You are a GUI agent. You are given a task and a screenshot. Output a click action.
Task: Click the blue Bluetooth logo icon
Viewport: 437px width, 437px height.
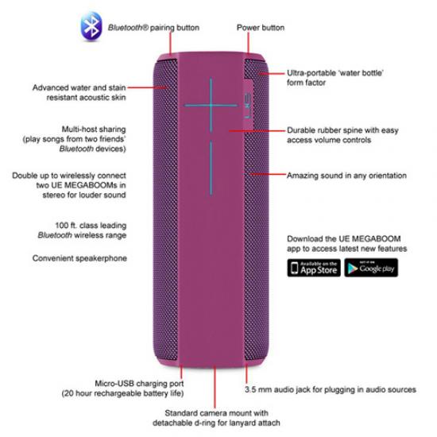(91, 26)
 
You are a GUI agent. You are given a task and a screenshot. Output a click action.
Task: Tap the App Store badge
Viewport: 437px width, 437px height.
(314, 268)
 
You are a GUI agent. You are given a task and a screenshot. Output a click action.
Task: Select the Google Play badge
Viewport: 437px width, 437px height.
(371, 268)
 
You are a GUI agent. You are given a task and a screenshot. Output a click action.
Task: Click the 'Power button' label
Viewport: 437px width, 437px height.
(261, 28)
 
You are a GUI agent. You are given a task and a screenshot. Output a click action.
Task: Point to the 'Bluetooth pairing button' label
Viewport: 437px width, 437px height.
(153, 28)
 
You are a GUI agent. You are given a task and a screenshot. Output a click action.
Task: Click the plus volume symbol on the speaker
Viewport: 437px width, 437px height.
(211, 106)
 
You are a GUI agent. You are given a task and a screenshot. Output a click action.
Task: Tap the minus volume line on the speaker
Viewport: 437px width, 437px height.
(211, 168)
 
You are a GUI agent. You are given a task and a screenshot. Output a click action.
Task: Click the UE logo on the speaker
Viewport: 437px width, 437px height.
(248, 106)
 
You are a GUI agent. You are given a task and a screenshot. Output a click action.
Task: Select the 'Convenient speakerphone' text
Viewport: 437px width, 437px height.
(79, 258)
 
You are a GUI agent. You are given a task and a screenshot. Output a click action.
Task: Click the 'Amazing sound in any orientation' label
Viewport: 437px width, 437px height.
(346, 176)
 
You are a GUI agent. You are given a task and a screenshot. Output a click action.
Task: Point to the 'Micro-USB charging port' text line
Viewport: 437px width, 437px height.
(139, 384)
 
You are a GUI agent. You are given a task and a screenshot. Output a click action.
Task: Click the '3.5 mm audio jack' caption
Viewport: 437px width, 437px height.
(331, 389)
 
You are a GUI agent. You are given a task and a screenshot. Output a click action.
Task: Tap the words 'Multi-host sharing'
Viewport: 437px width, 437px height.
(94, 130)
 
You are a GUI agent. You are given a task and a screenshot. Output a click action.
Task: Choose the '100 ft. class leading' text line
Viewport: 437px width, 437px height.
(91, 225)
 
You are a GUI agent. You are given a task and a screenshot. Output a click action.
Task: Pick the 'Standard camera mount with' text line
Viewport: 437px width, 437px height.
(217, 413)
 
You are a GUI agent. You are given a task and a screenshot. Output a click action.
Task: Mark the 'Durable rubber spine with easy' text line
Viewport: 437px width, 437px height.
(342, 130)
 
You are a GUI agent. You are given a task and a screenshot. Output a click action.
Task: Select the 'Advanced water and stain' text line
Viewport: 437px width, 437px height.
(79, 87)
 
